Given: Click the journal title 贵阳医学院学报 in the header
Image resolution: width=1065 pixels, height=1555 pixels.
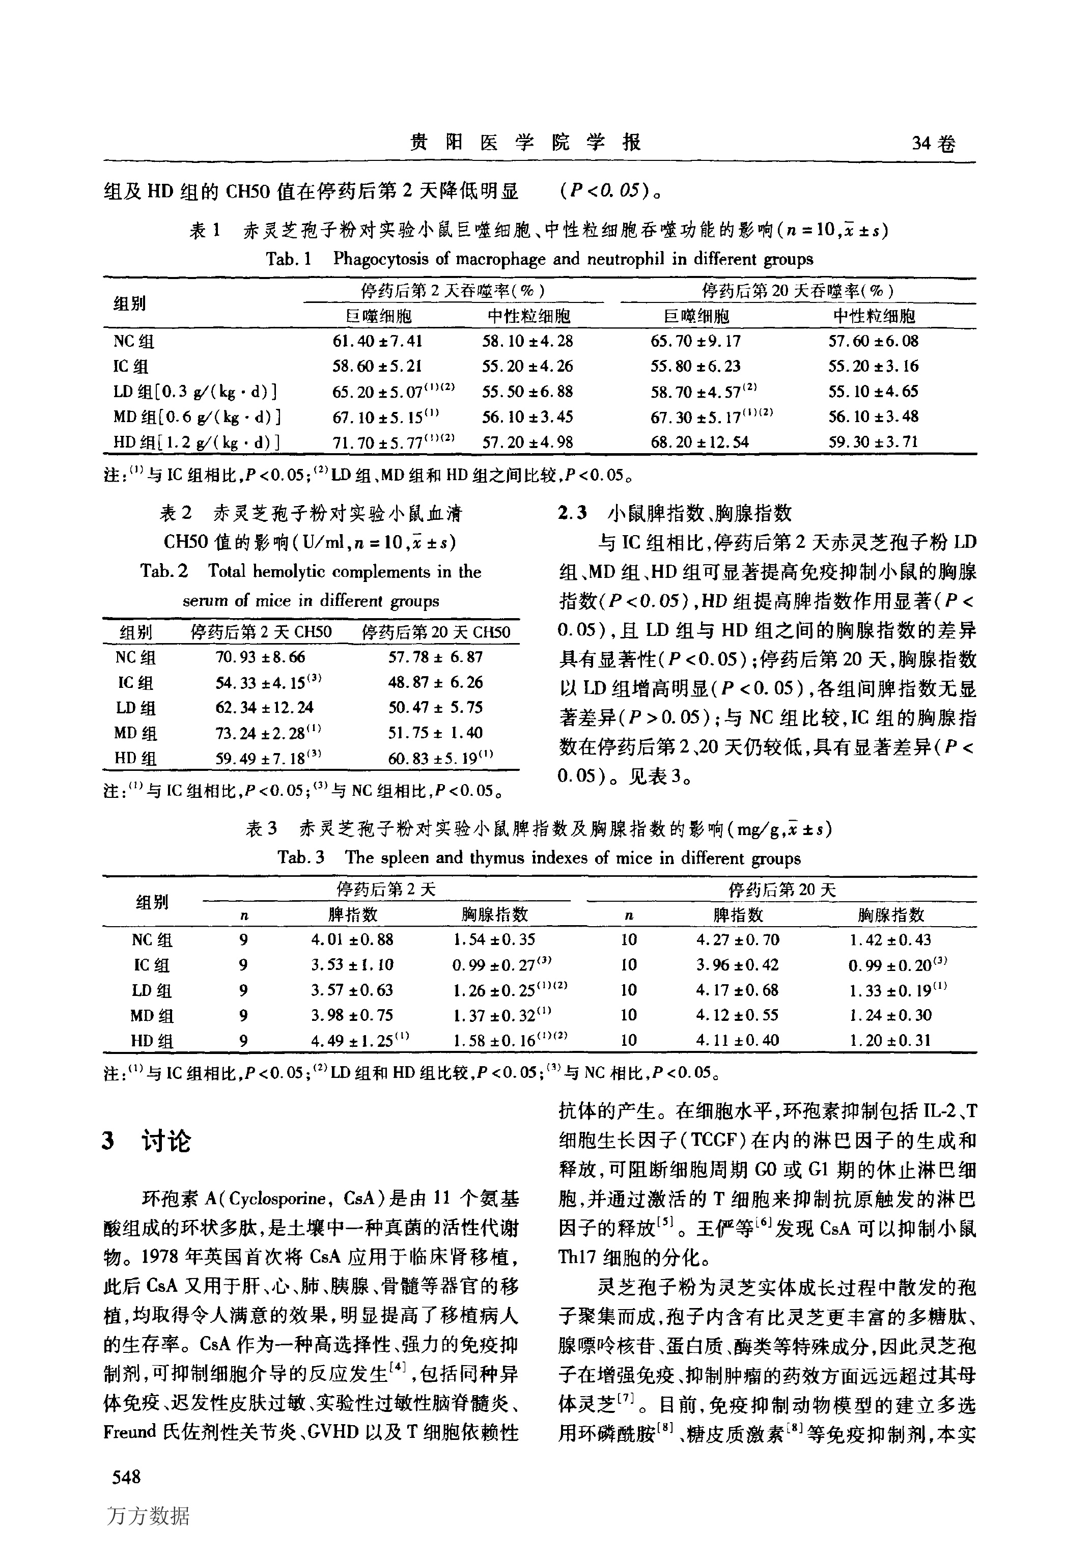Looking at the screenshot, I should tap(525, 142).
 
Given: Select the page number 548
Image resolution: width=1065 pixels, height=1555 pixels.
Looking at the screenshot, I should tap(126, 1476).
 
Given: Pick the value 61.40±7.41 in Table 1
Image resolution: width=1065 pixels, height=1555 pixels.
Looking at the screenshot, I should tap(377, 341).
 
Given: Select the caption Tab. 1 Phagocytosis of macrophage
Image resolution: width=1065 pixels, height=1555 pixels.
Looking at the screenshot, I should tap(539, 259).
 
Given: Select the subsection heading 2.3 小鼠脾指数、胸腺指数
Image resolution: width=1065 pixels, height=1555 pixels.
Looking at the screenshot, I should tap(675, 513).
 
